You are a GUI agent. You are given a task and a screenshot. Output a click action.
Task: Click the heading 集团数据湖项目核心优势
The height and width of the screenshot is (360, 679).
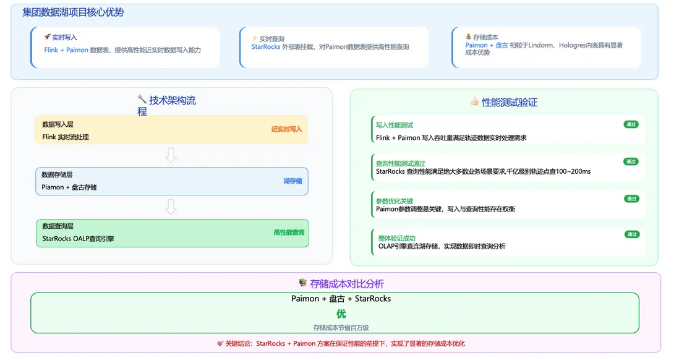[x=73, y=12]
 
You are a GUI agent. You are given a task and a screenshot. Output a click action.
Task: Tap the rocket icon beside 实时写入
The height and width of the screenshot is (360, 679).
[x=47, y=37]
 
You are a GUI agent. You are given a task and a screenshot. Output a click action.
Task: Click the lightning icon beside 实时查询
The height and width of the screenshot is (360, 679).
[x=255, y=38]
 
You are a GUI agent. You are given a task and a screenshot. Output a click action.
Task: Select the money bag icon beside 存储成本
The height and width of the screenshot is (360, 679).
[x=468, y=36]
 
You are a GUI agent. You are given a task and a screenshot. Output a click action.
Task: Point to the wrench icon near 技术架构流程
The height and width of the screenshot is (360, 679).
[x=142, y=99]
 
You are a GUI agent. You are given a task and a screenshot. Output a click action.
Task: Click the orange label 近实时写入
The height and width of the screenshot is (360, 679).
[x=287, y=129]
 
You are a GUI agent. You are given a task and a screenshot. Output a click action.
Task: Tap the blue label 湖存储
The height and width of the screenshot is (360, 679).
[x=293, y=181]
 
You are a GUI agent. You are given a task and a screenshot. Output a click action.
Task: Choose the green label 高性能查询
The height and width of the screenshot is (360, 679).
[x=289, y=233]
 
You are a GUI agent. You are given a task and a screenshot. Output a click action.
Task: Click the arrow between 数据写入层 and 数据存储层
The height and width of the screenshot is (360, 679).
[x=171, y=155]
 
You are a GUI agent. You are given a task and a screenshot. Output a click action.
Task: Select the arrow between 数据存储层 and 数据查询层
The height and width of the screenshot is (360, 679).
[x=171, y=207]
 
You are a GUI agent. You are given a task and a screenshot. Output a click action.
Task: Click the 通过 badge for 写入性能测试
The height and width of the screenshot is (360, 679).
[x=631, y=124]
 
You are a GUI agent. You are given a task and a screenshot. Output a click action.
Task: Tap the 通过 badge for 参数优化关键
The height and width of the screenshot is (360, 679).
[x=631, y=199]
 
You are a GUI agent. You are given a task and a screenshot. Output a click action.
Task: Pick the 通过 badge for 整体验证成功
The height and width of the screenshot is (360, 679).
[x=632, y=234]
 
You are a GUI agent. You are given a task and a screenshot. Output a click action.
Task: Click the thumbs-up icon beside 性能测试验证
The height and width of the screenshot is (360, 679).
[x=474, y=101]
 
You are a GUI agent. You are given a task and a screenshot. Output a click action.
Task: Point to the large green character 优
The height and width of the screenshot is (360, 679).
[x=341, y=314]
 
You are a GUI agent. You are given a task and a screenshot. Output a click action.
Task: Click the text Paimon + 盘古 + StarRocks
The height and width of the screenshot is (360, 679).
[x=341, y=299]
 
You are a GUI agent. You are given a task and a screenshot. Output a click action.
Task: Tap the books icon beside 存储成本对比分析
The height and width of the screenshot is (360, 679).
[x=302, y=283]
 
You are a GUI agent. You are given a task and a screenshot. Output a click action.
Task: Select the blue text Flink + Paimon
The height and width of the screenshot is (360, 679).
[x=66, y=50]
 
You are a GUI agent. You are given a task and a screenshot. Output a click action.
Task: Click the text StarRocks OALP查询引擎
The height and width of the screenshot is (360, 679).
[x=78, y=239]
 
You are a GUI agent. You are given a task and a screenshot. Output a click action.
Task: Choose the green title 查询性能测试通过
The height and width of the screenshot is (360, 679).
[x=401, y=163]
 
